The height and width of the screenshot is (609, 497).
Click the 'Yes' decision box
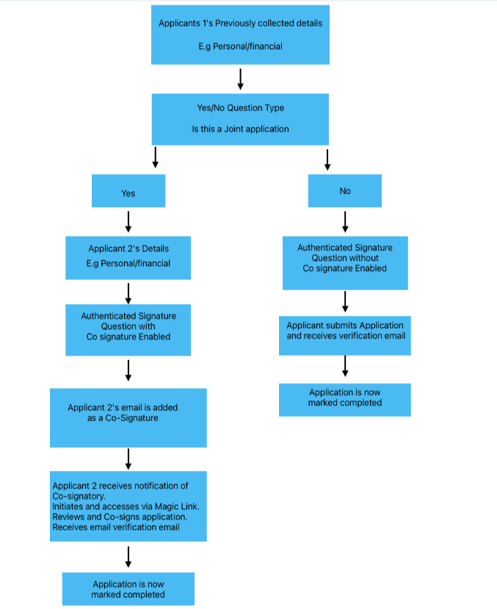click(x=128, y=191)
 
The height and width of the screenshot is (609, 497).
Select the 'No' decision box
click(x=345, y=191)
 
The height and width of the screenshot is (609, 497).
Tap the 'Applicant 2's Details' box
click(x=128, y=258)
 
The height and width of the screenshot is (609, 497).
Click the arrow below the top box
click(x=241, y=79)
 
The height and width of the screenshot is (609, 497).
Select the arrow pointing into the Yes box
click(x=155, y=157)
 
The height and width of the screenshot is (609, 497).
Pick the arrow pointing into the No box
click(x=327, y=159)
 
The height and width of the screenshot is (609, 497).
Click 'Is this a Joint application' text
click(x=241, y=129)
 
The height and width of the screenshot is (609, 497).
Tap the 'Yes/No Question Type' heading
click(x=241, y=108)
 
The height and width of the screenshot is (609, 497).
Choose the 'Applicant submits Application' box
click(x=345, y=336)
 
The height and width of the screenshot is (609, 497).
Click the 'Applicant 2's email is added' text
click(x=123, y=408)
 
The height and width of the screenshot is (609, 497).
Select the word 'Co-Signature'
click(x=132, y=418)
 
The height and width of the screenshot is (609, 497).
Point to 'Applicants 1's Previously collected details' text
click(x=241, y=24)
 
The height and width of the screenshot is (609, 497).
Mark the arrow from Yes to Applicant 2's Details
click(x=128, y=222)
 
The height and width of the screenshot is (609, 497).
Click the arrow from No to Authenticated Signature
click(x=345, y=222)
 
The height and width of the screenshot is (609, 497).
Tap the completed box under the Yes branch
click(x=128, y=589)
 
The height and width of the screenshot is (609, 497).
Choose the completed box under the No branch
click(x=345, y=400)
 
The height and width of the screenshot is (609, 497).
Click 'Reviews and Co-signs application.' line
click(x=120, y=517)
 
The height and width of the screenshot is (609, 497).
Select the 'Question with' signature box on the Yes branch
click(x=128, y=330)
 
